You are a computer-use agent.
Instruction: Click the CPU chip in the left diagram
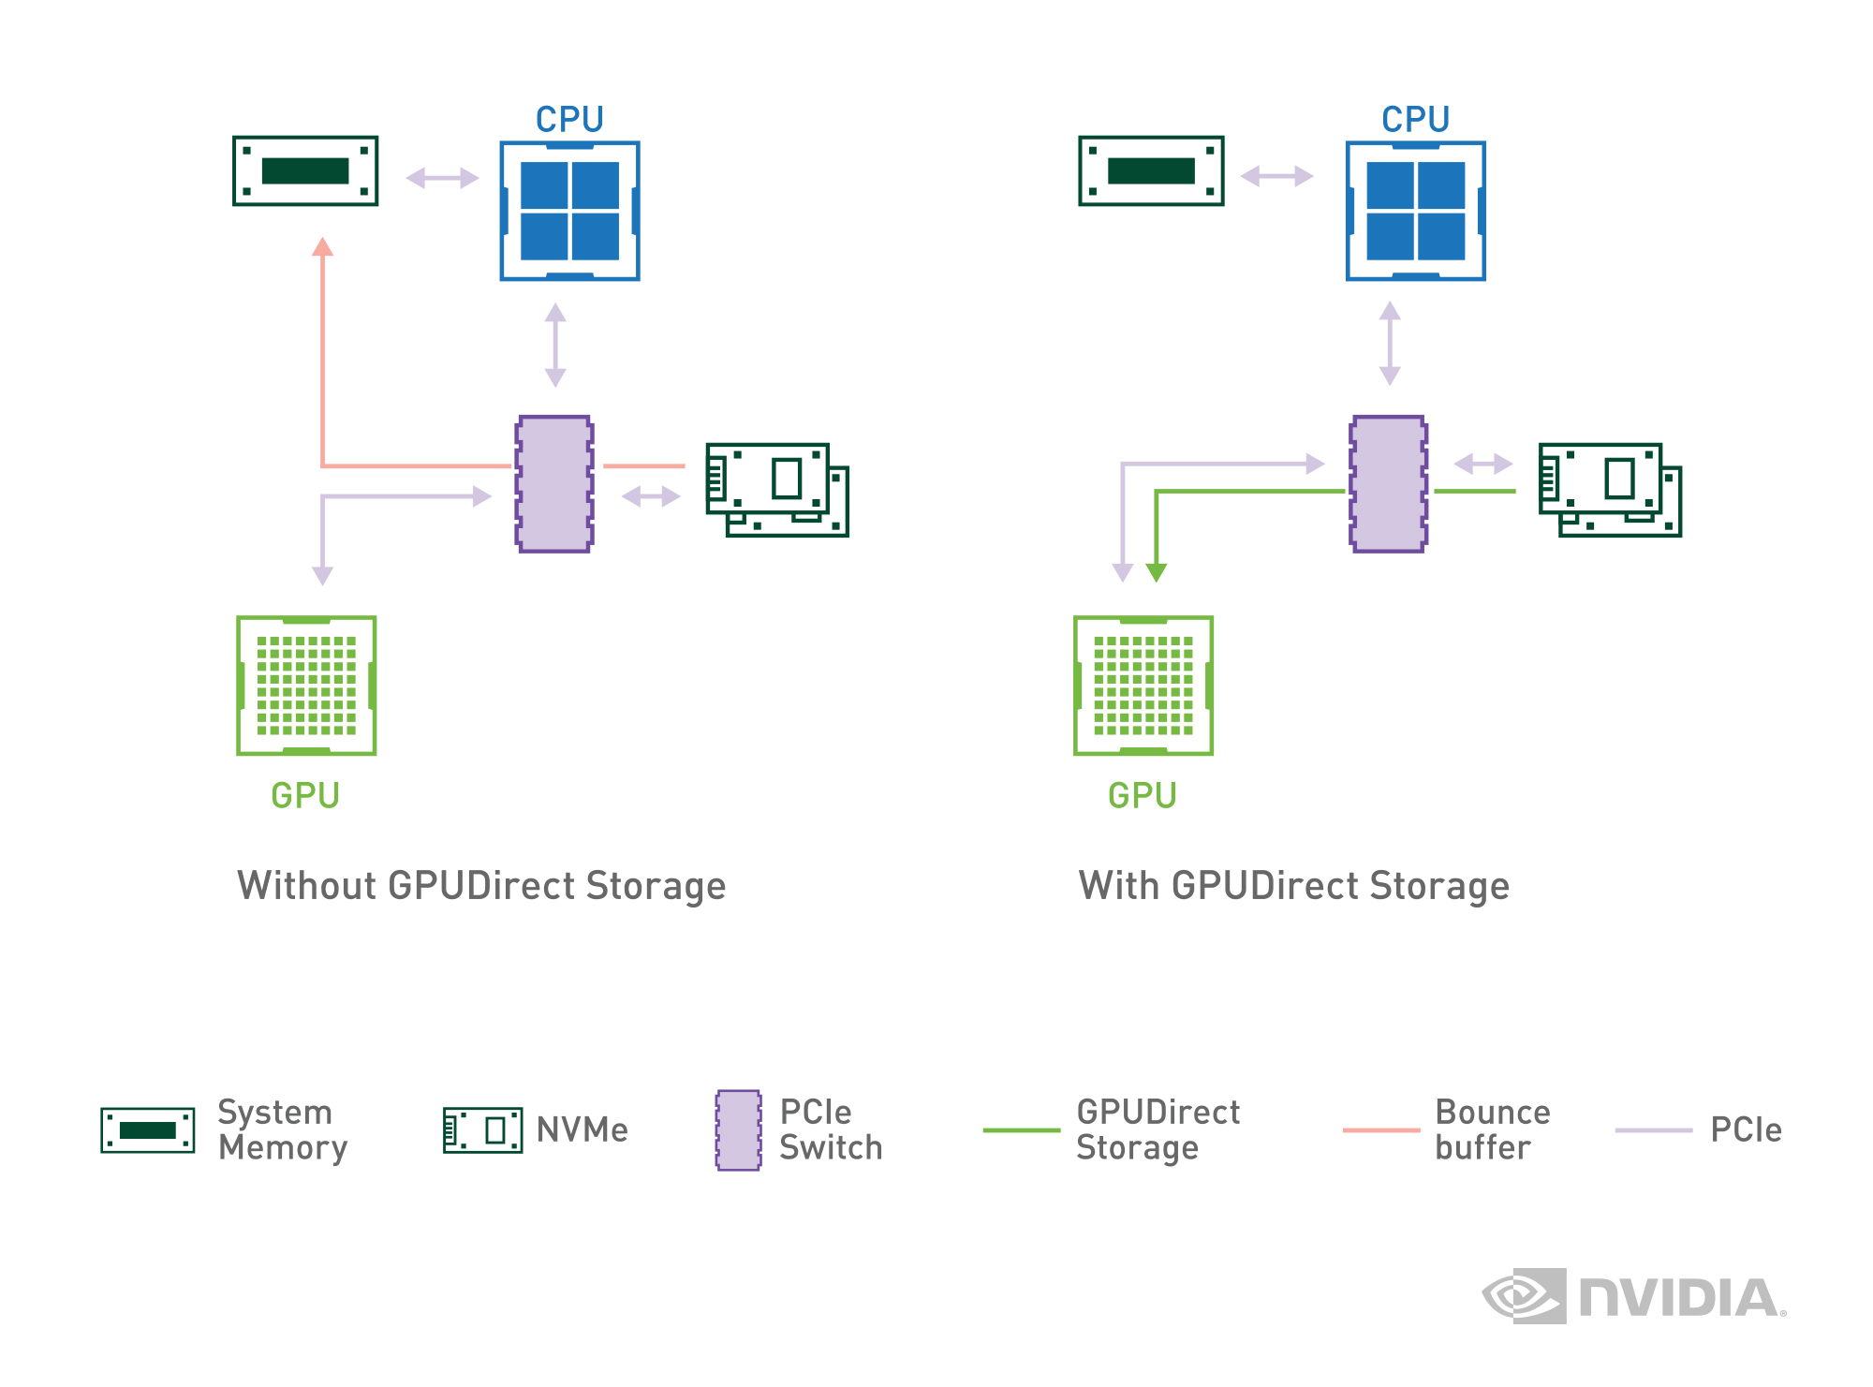[x=569, y=211]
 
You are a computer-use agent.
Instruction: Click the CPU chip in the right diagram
[x=1416, y=211]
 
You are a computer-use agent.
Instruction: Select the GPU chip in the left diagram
[x=306, y=686]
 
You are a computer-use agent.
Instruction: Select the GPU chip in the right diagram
[x=1143, y=686]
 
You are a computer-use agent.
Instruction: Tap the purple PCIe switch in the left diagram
[x=554, y=484]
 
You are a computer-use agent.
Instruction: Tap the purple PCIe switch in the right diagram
[x=1389, y=484]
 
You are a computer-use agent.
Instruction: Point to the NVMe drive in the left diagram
[x=777, y=490]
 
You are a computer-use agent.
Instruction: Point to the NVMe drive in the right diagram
[x=1611, y=490]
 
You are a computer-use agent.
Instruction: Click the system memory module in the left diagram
[x=305, y=170]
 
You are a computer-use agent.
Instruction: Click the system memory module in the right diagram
[x=1151, y=170]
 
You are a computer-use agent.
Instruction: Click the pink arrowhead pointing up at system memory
[x=323, y=246]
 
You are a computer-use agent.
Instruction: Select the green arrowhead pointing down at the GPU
[x=1157, y=572]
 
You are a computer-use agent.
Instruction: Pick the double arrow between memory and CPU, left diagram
[x=442, y=178]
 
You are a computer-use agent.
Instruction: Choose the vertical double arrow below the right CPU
[x=1390, y=343]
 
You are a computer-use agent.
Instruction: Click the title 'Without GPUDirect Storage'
[x=481, y=886]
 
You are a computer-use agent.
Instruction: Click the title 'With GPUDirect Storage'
[x=1294, y=886]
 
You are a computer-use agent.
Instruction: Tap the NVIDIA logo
[x=1634, y=1297]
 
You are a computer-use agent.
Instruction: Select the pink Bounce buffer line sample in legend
[x=1381, y=1130]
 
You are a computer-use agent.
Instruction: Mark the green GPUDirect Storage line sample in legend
[x=1022, y=1130]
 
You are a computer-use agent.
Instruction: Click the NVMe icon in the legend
[x=483, y=1129]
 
